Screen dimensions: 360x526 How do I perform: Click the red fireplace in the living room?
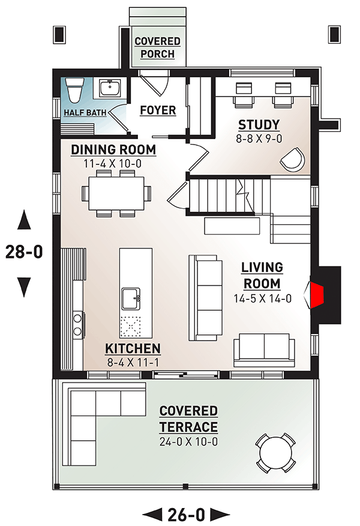coord(317,295)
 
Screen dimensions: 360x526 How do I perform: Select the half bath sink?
coord(110,88)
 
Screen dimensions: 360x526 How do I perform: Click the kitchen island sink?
coord(131,298)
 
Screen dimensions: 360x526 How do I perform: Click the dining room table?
coord(116,194)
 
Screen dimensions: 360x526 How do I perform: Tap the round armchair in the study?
coord(293,160)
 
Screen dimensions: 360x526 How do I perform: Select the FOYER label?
coord(158,110)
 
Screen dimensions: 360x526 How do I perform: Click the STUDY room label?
coord(259,125)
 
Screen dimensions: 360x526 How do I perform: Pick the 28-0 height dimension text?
coord(24,251)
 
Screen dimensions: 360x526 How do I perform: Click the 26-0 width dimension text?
coord(186,514)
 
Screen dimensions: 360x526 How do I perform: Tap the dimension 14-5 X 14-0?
coord(262,298)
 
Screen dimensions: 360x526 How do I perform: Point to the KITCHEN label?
coord(133,348)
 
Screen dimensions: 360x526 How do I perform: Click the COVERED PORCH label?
coord(157,47)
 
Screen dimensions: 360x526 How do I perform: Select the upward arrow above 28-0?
coord(24,220)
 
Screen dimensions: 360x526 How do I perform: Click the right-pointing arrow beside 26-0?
coord(220,514)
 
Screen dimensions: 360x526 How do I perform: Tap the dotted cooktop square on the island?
coord(131,326)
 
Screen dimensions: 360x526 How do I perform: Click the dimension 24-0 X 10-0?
coord(188,441)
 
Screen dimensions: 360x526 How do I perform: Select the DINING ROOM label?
coord(113,149)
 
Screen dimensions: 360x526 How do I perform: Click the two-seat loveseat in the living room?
coord(264,350)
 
